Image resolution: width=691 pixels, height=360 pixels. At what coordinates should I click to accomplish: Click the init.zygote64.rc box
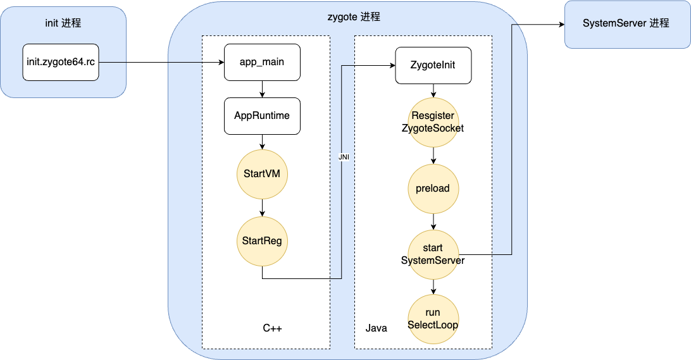click(61, 62)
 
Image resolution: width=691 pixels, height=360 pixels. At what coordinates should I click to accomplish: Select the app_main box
click(262, 62)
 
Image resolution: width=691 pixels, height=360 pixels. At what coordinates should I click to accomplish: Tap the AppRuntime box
click(262, 116)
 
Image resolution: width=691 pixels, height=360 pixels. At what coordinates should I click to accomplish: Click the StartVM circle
click(262, 174)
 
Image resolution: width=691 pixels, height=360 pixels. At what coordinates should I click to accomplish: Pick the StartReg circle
click(262, 240)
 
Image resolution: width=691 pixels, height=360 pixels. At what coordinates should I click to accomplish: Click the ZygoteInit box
click(433, 65)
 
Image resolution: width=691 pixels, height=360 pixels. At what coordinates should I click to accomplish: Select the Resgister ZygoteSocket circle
click(433, 122)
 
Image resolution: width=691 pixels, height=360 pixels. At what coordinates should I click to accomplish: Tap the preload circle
click(433, 189)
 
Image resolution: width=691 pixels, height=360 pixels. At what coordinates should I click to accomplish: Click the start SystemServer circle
click(433, 254)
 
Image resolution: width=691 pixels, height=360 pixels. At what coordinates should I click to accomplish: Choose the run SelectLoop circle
click(433, 319)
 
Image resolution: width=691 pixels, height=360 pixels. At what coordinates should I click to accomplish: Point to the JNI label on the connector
click(344, 157)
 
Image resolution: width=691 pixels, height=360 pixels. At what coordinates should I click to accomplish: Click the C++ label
click(272, 328)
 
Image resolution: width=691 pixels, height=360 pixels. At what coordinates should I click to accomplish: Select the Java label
click(377, 328)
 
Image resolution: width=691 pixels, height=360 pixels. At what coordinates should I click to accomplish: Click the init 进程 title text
click(63, 23)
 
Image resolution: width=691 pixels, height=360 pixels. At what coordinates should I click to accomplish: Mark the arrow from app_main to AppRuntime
click(262, 89)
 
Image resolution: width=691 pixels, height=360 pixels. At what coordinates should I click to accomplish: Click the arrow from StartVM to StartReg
click(262, 207)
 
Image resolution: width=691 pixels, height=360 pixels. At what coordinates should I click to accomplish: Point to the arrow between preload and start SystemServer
click(433, 221)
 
